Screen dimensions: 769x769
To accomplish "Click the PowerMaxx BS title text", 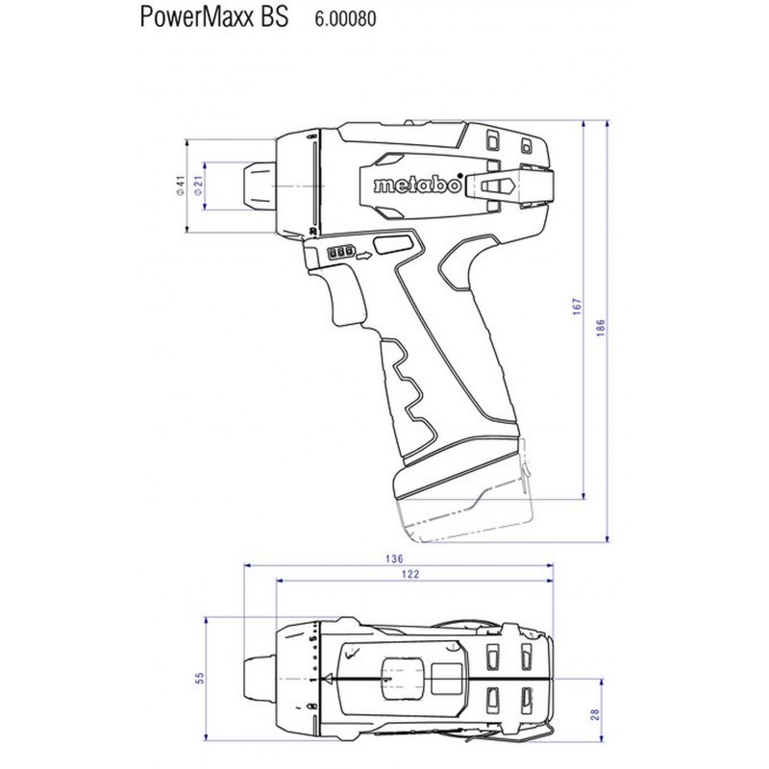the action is pyautogui.click(x=214, y=17).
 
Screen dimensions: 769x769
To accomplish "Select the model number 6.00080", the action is pyautogui.click(x=345, y=18).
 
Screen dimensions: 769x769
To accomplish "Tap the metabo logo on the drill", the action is pyautogui.click(x=418, y=185).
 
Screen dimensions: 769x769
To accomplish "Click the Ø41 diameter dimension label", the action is pyautogui.click(x=181, y=186).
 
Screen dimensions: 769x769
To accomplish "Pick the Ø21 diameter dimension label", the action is pyautogui.click(x=198, y=186).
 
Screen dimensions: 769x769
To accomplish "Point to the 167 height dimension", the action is pyautogui.click(x=577, y=306).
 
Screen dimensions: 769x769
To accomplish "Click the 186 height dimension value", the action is pyautogui.click(x=601, y=328).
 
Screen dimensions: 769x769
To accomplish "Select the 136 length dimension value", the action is pyautogui.click(x=394, y=558).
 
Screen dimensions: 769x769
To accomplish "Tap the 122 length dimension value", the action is pyautogui.click(x=410, y=574).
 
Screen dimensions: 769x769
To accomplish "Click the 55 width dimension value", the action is pyautogui.click(x=199, y=678).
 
